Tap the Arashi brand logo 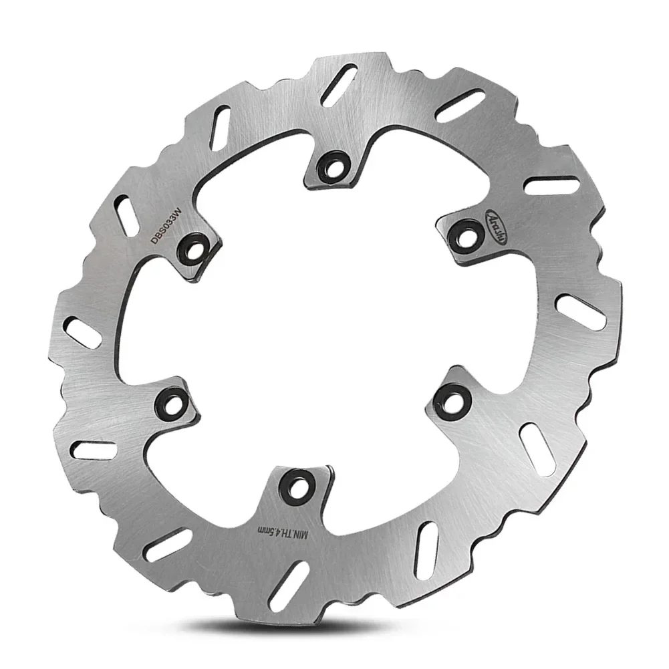pyautogui.click(x=497, y=230)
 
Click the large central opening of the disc pyautogui.click(x=314, y=314)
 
